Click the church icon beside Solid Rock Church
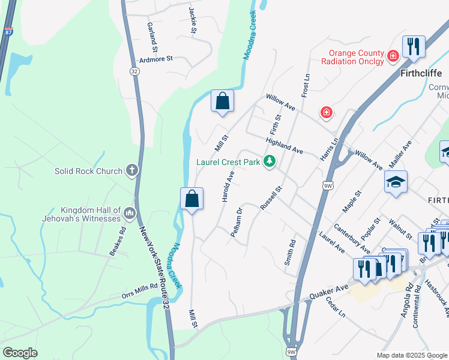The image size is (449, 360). (131, 171)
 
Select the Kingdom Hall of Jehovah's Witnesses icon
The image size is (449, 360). (130, 213)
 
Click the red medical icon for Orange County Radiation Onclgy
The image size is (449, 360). (393, 56)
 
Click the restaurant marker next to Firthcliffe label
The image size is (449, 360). (414, 47)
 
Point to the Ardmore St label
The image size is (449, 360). (156, 59)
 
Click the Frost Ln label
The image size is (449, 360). (305, 86)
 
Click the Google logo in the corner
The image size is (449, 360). (20, 353)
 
